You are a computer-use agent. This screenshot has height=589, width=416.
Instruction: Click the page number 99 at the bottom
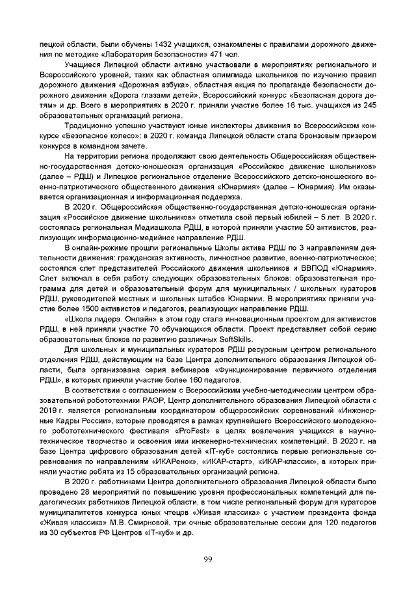click(x=207, y=559)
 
